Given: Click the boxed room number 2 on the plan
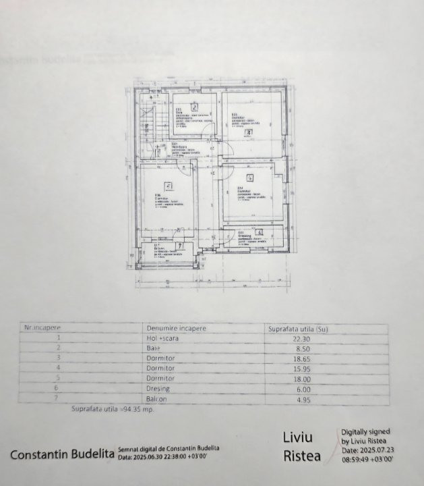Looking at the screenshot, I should coord(194,107).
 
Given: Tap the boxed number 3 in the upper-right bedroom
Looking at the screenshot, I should coord(248,132).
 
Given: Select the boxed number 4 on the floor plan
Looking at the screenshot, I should coord(249,178).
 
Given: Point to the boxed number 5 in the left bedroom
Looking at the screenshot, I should coord(169,186).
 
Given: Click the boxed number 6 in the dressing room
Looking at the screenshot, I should coord(260,232).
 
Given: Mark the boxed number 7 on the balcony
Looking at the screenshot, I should coord(180,246).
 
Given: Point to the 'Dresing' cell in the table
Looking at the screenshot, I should coord(158,389).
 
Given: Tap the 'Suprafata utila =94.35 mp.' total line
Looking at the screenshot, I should coord(113,409).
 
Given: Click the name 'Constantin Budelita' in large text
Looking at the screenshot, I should coord(62,455).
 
